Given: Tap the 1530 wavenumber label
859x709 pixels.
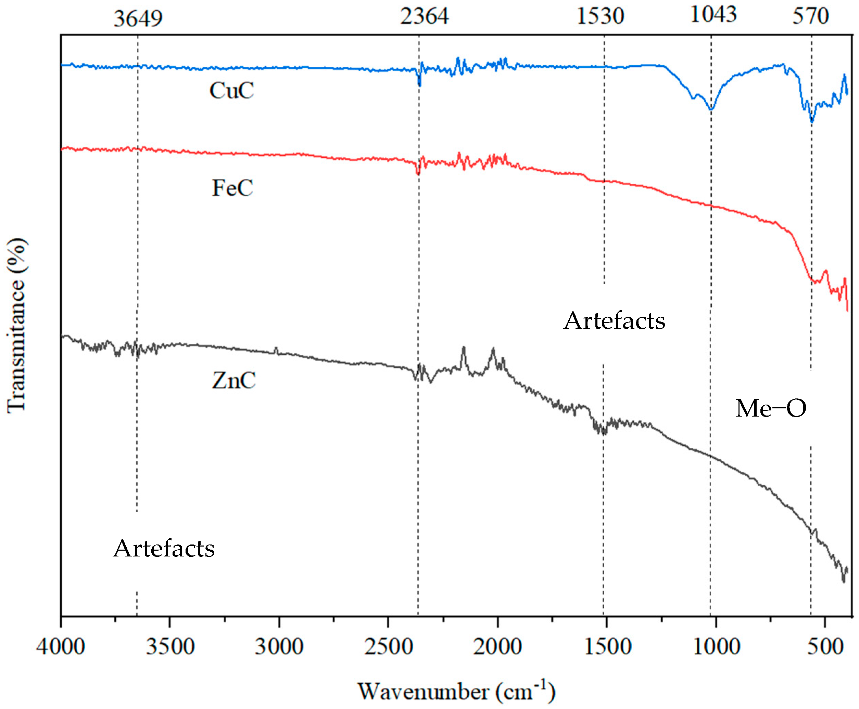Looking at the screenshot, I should pyautogui.click(x=600, y=17).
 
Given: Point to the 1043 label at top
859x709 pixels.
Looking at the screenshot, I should pyautogui.click(x=713, y=15).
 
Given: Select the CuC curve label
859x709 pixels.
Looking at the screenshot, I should pyautogui.click(x=231, y=91).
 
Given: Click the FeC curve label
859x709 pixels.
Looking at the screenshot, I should pyautogui.click(x=232, y=188).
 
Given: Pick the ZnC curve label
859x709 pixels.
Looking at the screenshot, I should pyautogui.click(x=233, y=381).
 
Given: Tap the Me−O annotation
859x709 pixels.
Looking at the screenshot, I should pyautogui.click(x=770, y=408).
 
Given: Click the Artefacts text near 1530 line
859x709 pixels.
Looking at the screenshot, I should pyautogui.click(x=614, y=320).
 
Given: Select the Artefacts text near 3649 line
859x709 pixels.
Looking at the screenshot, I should pyautogui.click(x=164, y=548).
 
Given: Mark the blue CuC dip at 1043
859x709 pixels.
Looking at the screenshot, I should pyautogui.click(x=711, y=109).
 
